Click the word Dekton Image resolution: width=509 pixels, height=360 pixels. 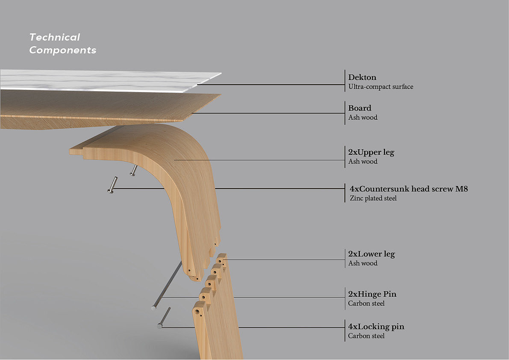pyautogui.click(x=362, y=77)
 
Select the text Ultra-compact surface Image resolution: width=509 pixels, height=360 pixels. pyautogui.click(x=380, y=87)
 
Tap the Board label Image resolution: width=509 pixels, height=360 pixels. pyautogui.click(x=359, y=108)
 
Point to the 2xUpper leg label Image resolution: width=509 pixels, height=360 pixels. pyautogui.click(x=371, y=152)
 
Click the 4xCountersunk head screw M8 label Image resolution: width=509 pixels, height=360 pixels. pyautogui.click(x=408, y=189)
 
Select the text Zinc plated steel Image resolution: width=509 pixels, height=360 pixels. pyautogui.click(x=373, y=198)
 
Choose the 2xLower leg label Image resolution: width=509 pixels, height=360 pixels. pyautogui.click(x=371, y=254)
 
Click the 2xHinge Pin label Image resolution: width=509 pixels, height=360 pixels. pyautogui.click(x=372, y=294)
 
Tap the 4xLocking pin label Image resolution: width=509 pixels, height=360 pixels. pyautogui.click(x=376, y=327)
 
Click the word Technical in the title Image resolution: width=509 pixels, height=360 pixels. pyautogui.click(x=54, y=37)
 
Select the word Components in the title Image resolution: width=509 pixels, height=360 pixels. pyautogui.click(x=62, y=50)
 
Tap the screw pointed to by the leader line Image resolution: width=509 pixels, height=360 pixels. pyautogui.click(x=112, y=186)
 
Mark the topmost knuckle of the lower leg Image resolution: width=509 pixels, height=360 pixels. pyautogui.click(x=221, y=258)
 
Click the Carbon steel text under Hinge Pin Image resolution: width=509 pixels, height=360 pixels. pyautogui.click(x=366, y=304)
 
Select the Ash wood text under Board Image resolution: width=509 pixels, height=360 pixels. pyautogui.click(x=363, y=118)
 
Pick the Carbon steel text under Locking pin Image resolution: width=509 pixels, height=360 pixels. pyautogui.click(x=366, y=336)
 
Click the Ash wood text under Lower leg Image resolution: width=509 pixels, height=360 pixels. pyautogui.click(x=363, y=263)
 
